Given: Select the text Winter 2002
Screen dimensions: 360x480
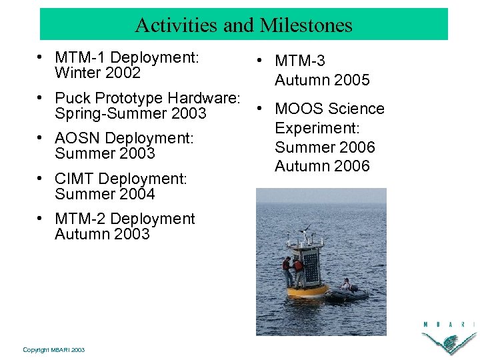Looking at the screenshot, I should pos(97,73).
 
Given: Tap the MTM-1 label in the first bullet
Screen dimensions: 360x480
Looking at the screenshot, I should pos(80,57).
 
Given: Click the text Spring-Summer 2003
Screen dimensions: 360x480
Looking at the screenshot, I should pos(121,114).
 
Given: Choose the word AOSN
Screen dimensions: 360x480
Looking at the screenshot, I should pos(78,138).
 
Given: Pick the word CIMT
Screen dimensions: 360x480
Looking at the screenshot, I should pos(75,179).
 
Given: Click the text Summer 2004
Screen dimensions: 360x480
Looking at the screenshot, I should pos(105,194).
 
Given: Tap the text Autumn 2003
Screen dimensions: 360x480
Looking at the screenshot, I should pos(102,234).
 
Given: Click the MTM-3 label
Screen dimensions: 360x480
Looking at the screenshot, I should pos(300,61).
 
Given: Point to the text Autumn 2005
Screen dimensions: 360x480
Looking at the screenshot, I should pos(322,80).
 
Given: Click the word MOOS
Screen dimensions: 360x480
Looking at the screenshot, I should pos(297,109).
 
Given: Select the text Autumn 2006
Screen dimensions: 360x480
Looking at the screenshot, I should pos(322,166).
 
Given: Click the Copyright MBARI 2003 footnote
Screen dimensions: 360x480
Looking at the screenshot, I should pos(53,349).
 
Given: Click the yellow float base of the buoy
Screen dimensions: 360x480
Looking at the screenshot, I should pos(307,291).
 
